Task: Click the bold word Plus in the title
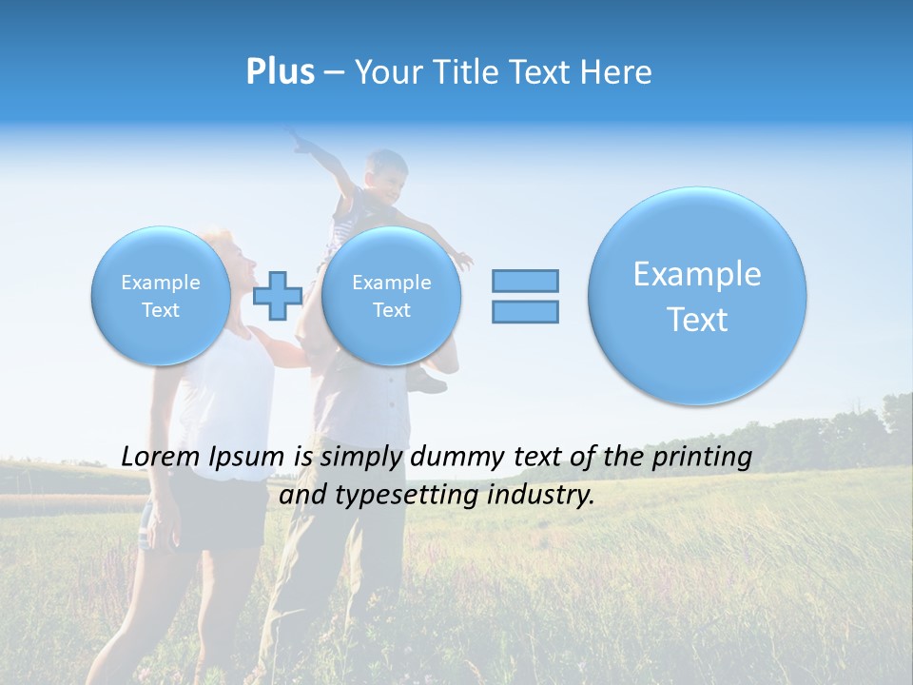[280, 72]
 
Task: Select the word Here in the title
[617, 72]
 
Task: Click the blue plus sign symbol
[278, 296]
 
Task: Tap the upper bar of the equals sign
[525, 281]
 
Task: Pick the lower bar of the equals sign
[525, 311]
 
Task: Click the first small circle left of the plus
[161, 296]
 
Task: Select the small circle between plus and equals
[391, 296]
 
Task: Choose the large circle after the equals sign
[697, 296]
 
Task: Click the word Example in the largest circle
[697, 274]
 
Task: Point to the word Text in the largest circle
[697, 320]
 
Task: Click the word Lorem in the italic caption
[160, 458]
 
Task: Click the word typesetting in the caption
[412, 496]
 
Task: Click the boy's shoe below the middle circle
[429, 382]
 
